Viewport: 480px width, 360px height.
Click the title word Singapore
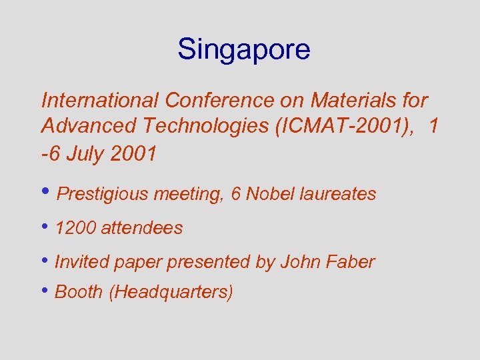243,50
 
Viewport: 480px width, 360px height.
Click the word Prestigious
104,195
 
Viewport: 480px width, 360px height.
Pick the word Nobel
275,194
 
